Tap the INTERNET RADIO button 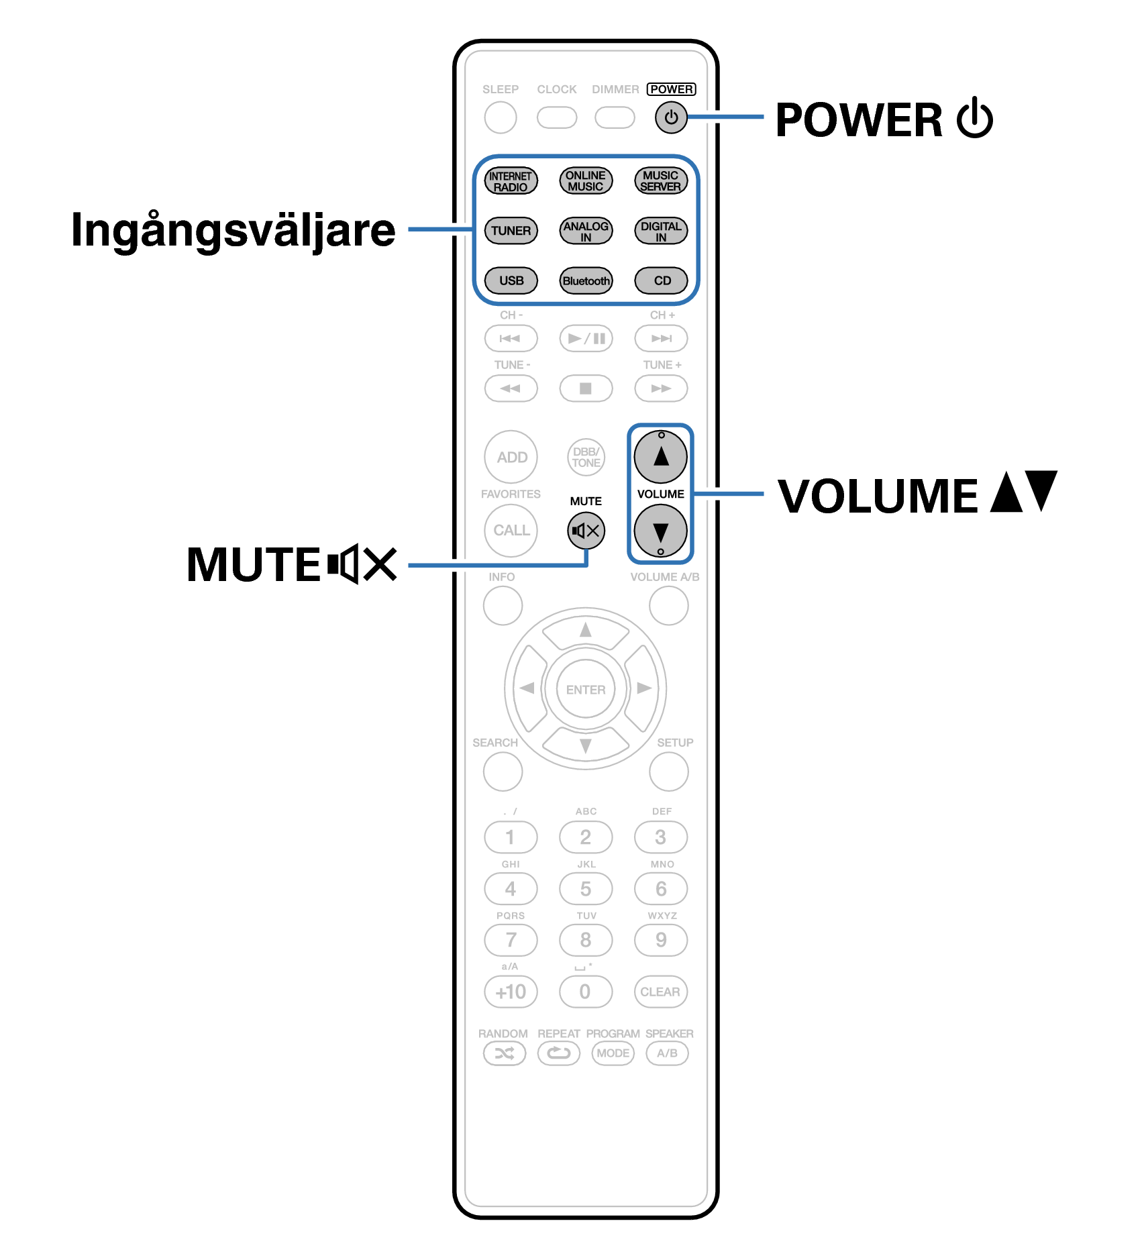[511, 181]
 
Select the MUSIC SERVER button [661, 181]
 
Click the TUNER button [511, 231]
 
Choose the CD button [661, 280]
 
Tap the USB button [511, 280]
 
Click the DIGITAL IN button [661, 231]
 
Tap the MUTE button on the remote [586, 531]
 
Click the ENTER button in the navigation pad [585, 690]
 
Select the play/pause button [586, 338]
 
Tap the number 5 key [586, 889]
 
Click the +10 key [511, 992]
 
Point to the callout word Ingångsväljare [233, 230]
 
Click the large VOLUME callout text [878, 496]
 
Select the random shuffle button [505, 1053]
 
